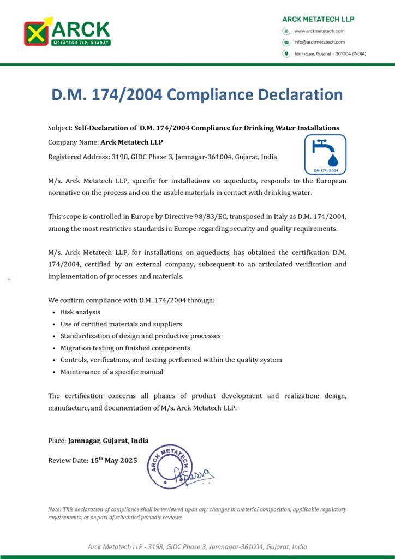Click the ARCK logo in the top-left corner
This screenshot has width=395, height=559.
click(x=67, y=32)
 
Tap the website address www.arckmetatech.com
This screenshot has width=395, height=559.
click(x=319, y=31)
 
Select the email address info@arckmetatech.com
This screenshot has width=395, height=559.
click(x=319, y=42)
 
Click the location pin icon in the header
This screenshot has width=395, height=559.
click(x=285, y=53)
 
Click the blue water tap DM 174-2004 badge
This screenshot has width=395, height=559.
click(x=325, y=154)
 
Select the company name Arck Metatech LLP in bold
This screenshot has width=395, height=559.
click(x=131, y=142)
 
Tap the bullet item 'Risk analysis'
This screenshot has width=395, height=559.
click(x=80, y=312)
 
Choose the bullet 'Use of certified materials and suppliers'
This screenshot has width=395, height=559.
click(x=121, y=324)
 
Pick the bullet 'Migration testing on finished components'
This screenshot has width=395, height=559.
click(x=125, y=348)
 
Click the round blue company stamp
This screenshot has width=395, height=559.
click(x=170, y=466)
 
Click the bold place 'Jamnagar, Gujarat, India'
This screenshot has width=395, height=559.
click(x=108, y=441)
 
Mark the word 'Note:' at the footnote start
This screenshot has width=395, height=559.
click(x=55, y=509)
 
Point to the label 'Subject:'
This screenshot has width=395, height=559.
click(x=60, y=128)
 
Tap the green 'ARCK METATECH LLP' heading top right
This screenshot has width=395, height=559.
click(x=318, y=19)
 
